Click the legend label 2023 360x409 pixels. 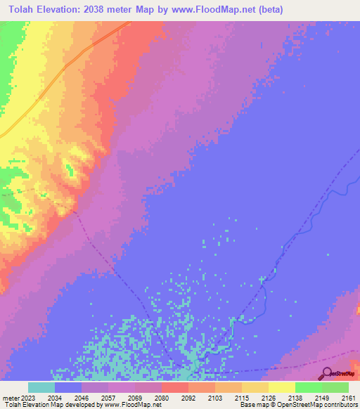tap(27, 397)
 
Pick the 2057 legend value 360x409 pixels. tap(108, 397)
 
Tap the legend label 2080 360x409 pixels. tap(161, 397)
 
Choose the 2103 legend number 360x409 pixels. tap(214, 397)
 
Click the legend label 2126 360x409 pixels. tap(268, 397)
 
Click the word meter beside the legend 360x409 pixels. tap(8, 397)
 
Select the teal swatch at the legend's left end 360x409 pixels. tap(41, 387)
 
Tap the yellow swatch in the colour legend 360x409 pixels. tap(281, 387)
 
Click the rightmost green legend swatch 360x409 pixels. tap(335, 387)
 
